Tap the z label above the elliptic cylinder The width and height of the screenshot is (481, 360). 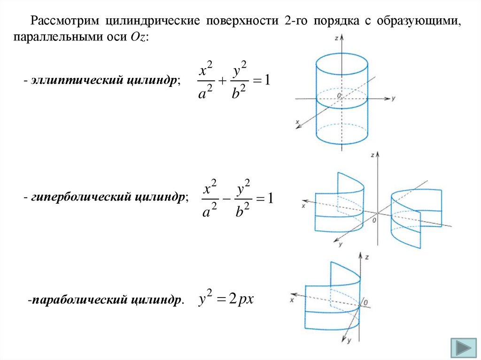(337, 37)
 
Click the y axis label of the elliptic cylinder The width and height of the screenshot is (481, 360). (396, 99)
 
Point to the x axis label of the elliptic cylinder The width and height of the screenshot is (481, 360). (298, 122)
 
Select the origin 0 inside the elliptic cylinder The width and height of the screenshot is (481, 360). (338, 95)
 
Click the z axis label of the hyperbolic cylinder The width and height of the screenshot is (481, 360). (372, 154)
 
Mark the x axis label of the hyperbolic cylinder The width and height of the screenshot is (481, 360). (304, 206)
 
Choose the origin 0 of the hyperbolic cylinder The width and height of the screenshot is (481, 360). (374, 219)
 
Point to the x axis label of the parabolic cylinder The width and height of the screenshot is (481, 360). (292, 299)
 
